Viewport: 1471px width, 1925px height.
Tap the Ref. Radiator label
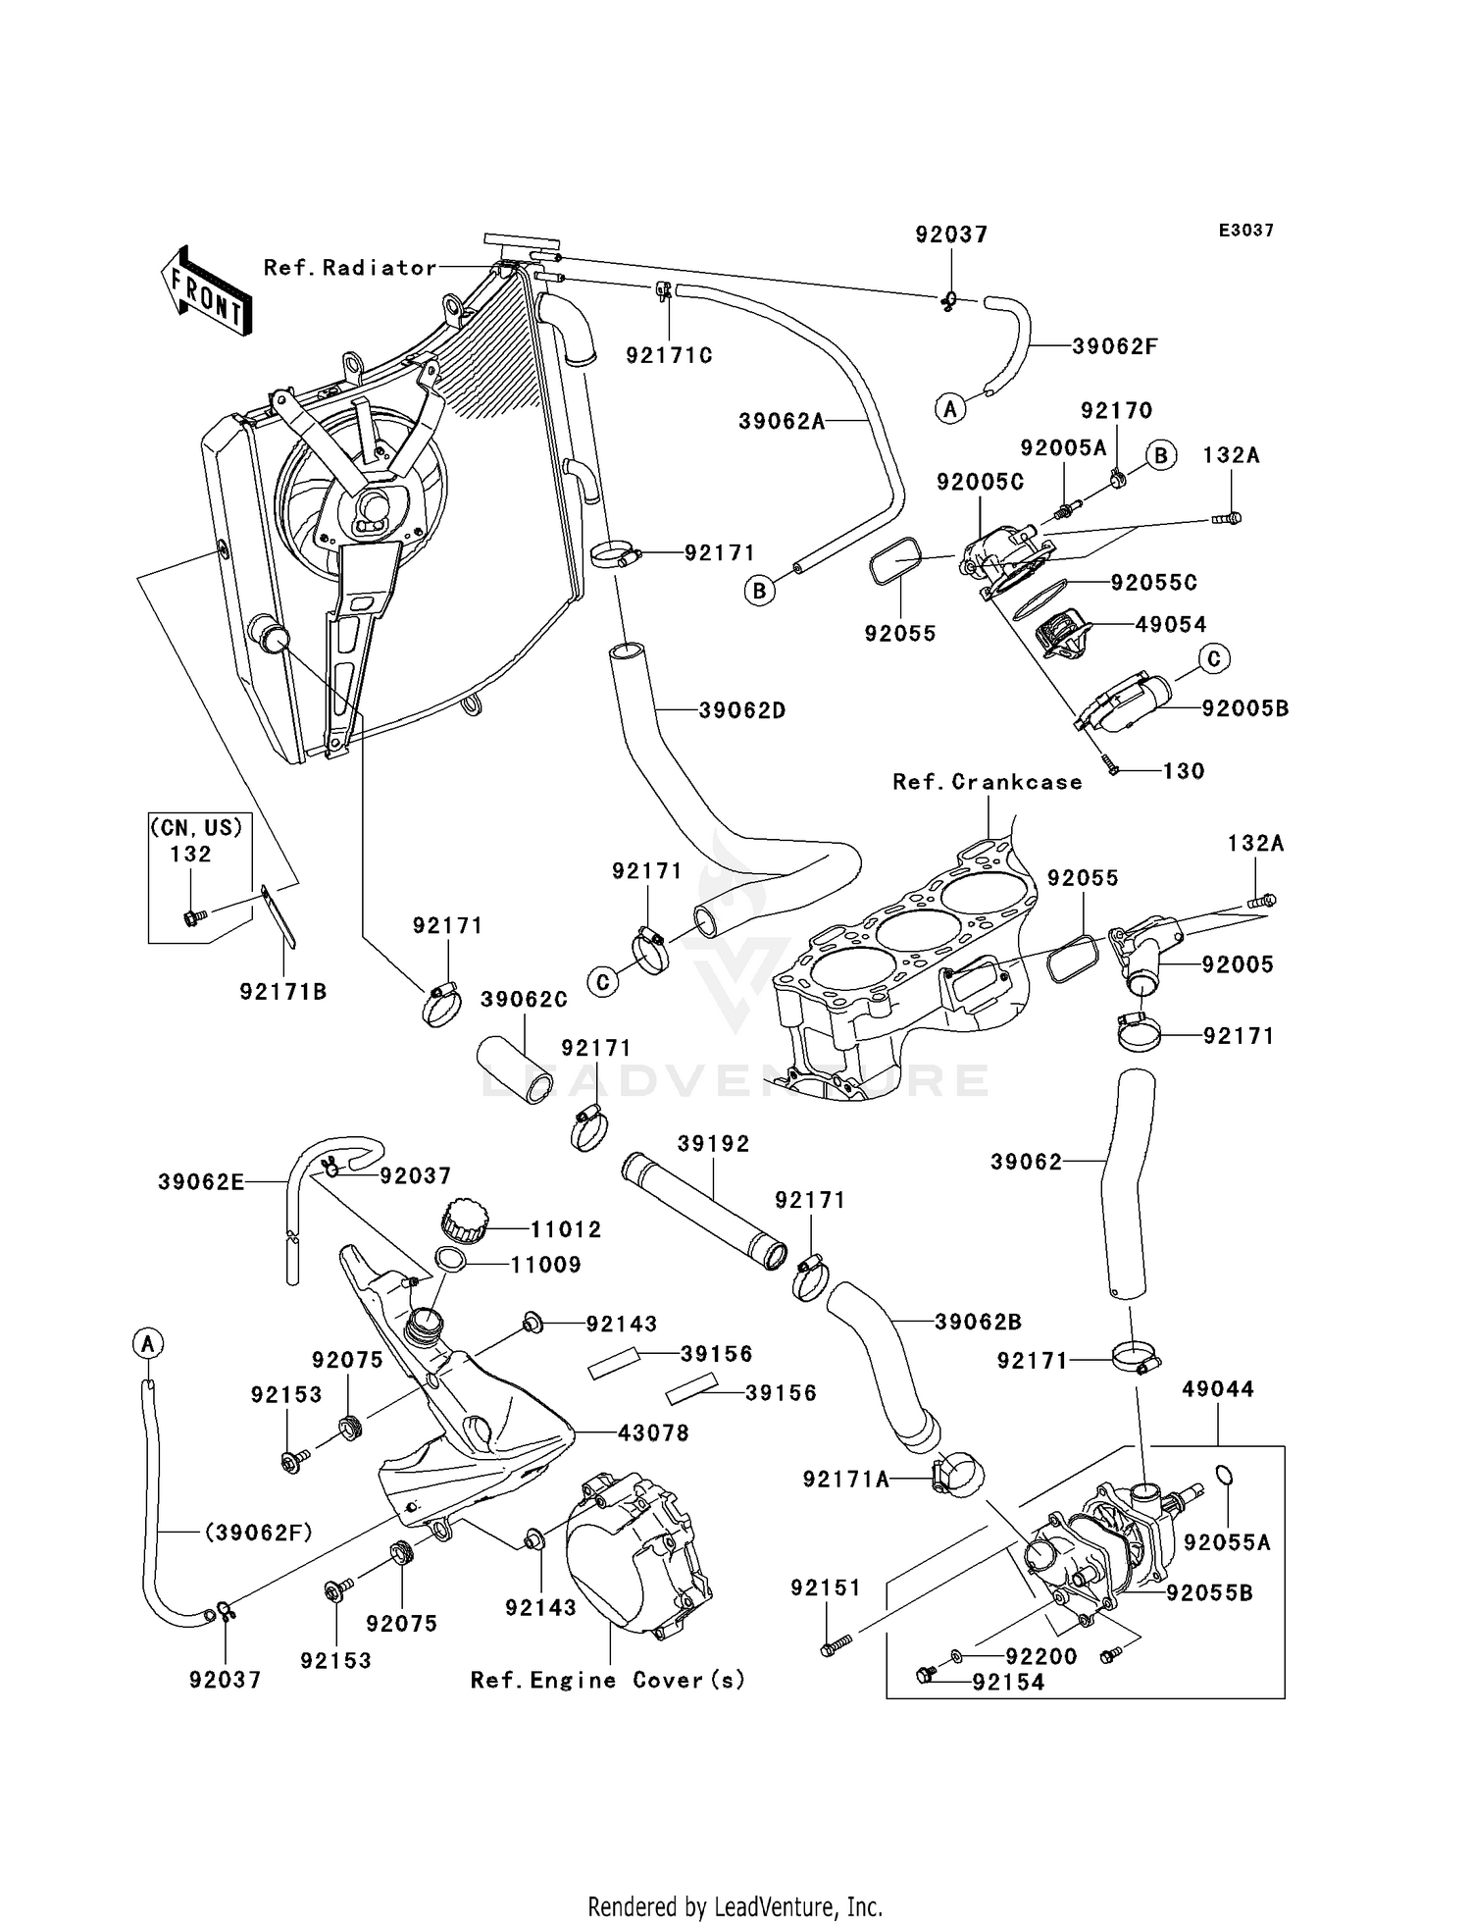coord(350,268)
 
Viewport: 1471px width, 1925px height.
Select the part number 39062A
coord(782,422)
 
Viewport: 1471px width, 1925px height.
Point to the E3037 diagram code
coord(1245,231)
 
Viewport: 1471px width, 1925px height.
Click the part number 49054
coord(1171,625)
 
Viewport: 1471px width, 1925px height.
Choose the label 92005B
coord(1244,708)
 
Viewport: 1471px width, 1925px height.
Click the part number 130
coord(1184,771)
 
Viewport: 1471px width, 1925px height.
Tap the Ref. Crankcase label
coord(988,782)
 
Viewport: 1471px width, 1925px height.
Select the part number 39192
coord(713,1144)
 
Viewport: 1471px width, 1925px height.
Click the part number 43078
coord(653,1433)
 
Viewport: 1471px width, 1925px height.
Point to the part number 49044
coord(1218,1389)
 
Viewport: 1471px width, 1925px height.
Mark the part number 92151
coord(826,1587)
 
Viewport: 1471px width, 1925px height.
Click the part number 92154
coord(1008,1682)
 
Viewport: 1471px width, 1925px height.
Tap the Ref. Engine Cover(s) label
coord(608,1681)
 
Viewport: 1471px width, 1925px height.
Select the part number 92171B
coord(283,992)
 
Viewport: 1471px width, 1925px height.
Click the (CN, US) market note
coord(196,827)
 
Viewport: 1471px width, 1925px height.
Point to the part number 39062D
coord(742,710)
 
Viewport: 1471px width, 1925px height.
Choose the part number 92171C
coord(670,355)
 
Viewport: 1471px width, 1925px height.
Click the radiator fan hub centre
coord(374,508)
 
